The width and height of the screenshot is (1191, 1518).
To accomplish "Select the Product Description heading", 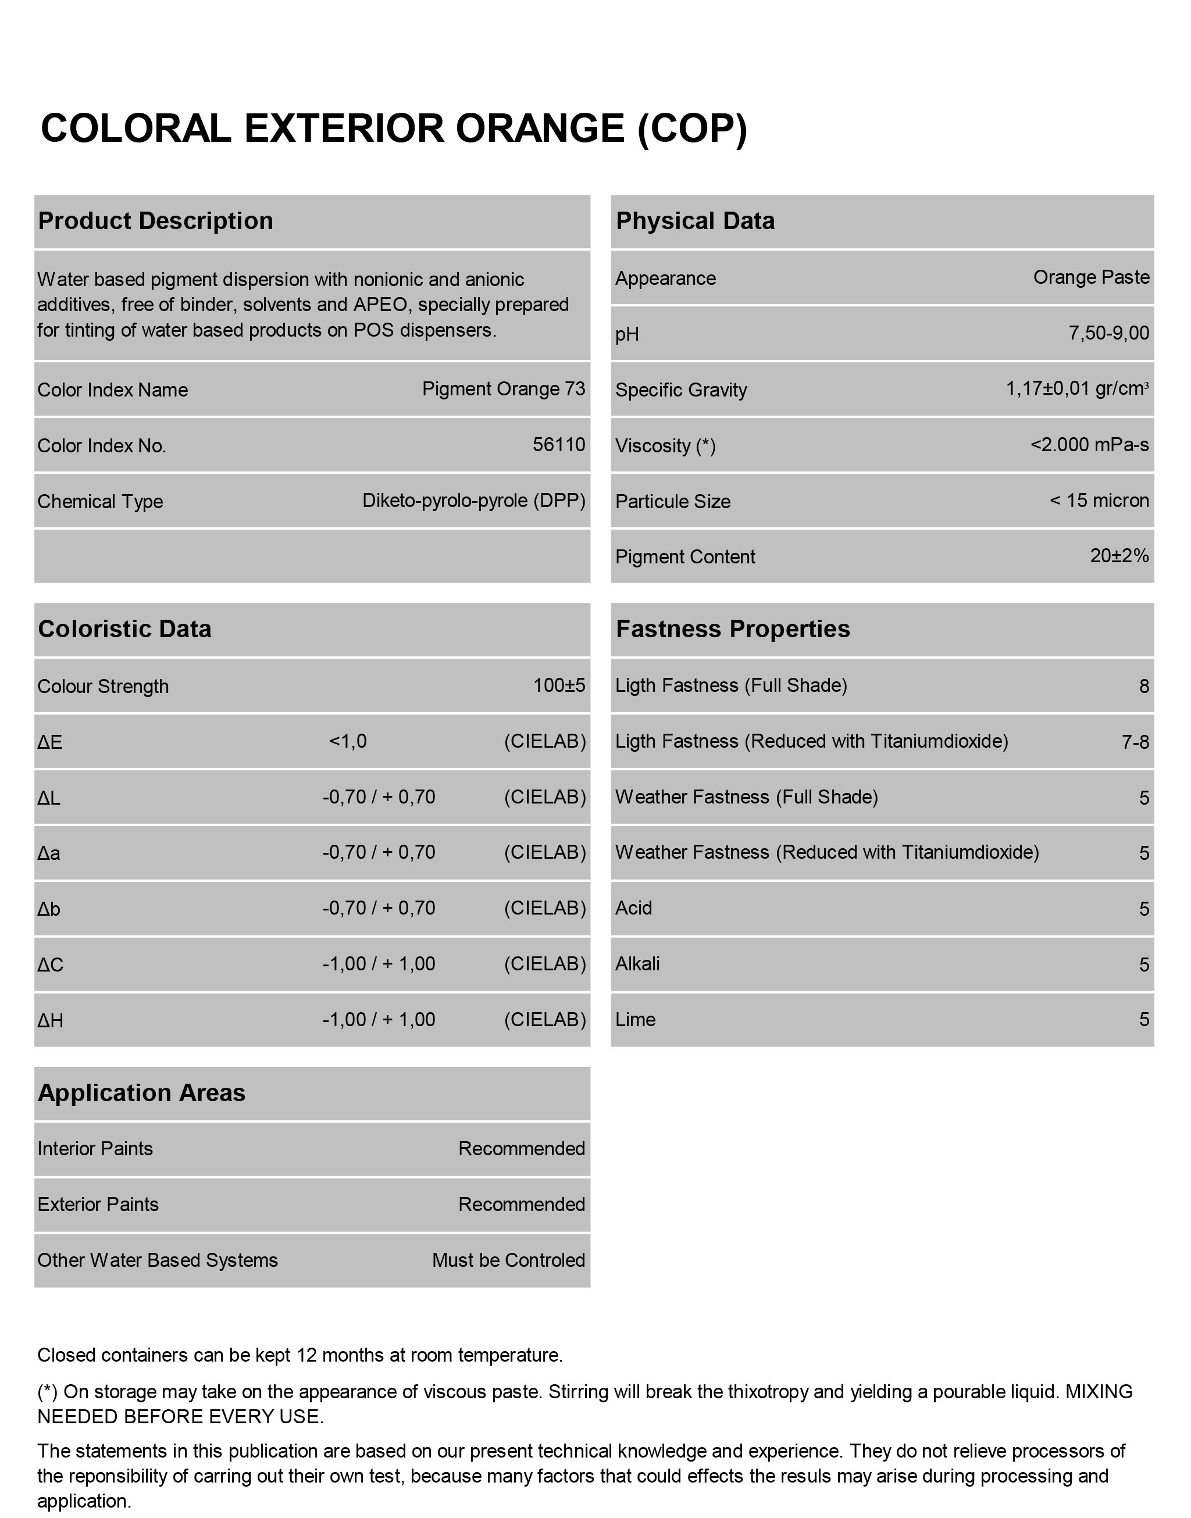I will click(x=155, y=221).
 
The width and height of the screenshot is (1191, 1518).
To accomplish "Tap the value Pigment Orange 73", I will click(x=504, y=389).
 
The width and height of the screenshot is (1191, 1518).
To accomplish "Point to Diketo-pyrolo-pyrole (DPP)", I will click(x=473, y=501).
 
